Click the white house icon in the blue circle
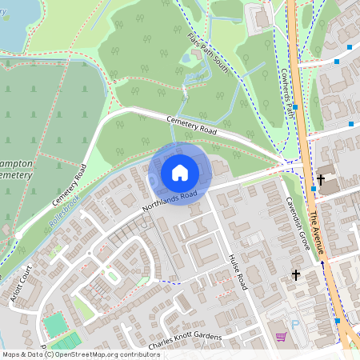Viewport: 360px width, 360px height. point(180,173)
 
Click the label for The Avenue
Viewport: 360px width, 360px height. point(318,229)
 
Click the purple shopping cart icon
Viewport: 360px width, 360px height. point(281,337)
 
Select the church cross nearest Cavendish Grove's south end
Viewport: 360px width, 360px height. point(296,274)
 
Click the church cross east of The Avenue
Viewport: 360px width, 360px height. point(321,180)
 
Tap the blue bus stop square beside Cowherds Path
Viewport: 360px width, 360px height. point(295,107)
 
